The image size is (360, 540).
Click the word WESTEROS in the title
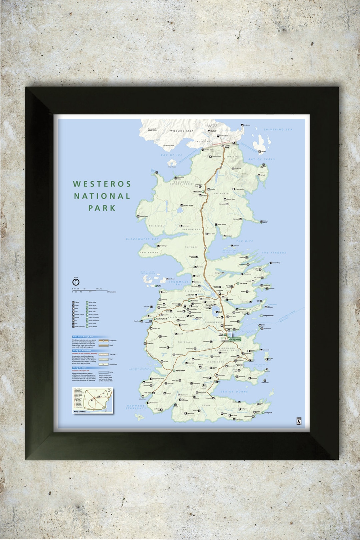tap(102, 184)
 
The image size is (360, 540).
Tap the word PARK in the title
tap(102, 208)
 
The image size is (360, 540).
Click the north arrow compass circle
tap(76, 282)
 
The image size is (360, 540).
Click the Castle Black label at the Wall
tap(227, 146)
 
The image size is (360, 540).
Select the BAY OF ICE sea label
tap(171, 155)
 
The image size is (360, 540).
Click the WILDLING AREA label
tap(182, 131)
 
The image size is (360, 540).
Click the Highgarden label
tap(180, 370)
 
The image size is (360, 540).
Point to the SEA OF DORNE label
tap(234, 392)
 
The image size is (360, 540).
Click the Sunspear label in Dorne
tap(268, 413)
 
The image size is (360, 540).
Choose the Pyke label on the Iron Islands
tap(159, 286)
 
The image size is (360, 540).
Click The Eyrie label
tap(243, 283)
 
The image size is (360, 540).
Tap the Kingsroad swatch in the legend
tap(104, 340)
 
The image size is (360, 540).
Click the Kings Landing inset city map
tap(93, 400)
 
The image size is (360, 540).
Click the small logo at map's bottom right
tap(299, 421)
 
